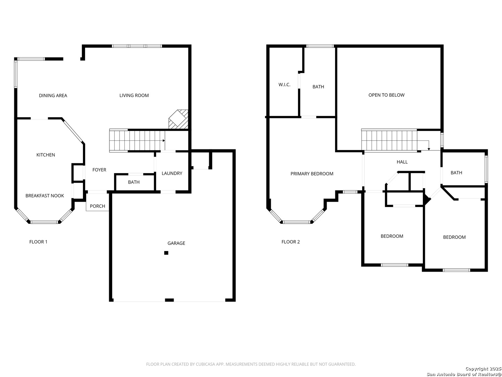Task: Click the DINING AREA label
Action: (53, 95)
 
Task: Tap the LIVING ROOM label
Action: (134, 95)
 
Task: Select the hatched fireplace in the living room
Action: (178, 119)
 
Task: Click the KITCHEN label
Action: (46, 155)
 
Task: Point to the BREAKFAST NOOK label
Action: (45, 196)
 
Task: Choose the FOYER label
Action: (99, 170)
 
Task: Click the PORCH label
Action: (97, 206)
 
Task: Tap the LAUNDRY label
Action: (172, 173)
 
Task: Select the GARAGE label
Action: (176, 243)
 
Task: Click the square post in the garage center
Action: (166, 253)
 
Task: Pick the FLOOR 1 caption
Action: (38, 242)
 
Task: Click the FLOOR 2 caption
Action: (290, 242)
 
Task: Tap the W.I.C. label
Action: (284, 85)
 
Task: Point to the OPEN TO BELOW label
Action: (386, 95)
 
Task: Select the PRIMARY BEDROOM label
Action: (312, 174)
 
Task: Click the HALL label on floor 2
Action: (402, 162)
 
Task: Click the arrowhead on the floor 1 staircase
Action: (164, 141)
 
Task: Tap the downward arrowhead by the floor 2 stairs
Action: (429, 149)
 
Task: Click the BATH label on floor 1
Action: (134, 182)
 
